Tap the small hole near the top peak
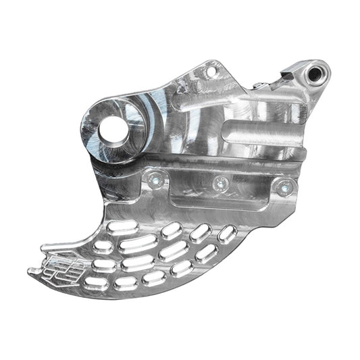(x=210, y=69)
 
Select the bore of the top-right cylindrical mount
(x=315, y=70)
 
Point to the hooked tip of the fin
(x=32, y=272)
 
